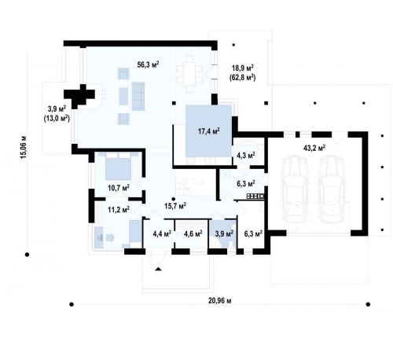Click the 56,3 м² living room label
coord(149,64)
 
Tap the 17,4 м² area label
coord(208,131)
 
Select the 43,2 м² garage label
coord(314,148)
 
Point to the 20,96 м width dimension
coord(220,301)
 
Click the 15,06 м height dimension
coord(23,147)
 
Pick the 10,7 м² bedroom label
coord(119,188)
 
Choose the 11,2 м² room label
coord(119,209)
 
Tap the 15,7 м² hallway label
coord(175,206)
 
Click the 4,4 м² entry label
coord(162,233)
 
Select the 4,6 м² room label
coord(193,233)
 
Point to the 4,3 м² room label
coord(246,156)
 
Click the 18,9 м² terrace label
coord(243,68)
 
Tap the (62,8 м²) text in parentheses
coord(243,78)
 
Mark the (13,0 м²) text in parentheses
coord(57,119)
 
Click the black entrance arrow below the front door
coord(158,269)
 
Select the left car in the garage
coord(295,189)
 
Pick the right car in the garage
coord(332,189)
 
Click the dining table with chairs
coord(189,74)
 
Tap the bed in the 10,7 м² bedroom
coord(119,166)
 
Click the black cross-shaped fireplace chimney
coord(79,95)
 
